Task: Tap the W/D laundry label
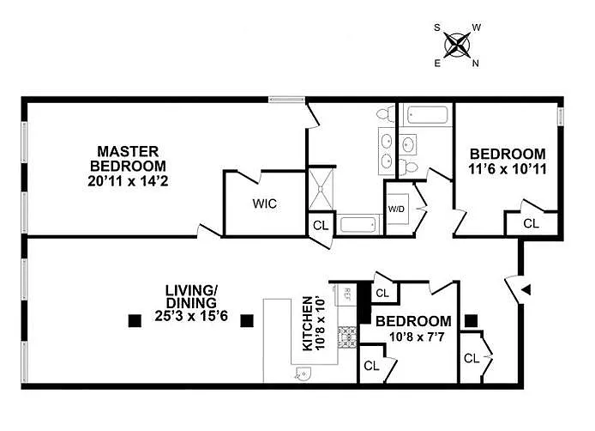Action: tap(396, 209)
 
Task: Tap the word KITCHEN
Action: tap(306, 325)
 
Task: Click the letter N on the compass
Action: tap(476, 62)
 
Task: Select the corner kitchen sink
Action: tap(302, 372)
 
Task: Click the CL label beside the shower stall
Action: tap(320, 226)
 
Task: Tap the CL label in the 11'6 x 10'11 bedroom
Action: tap(531, 223)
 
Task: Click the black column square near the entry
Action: tap(471, 321)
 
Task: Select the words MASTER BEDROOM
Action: tap(130, 158)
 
